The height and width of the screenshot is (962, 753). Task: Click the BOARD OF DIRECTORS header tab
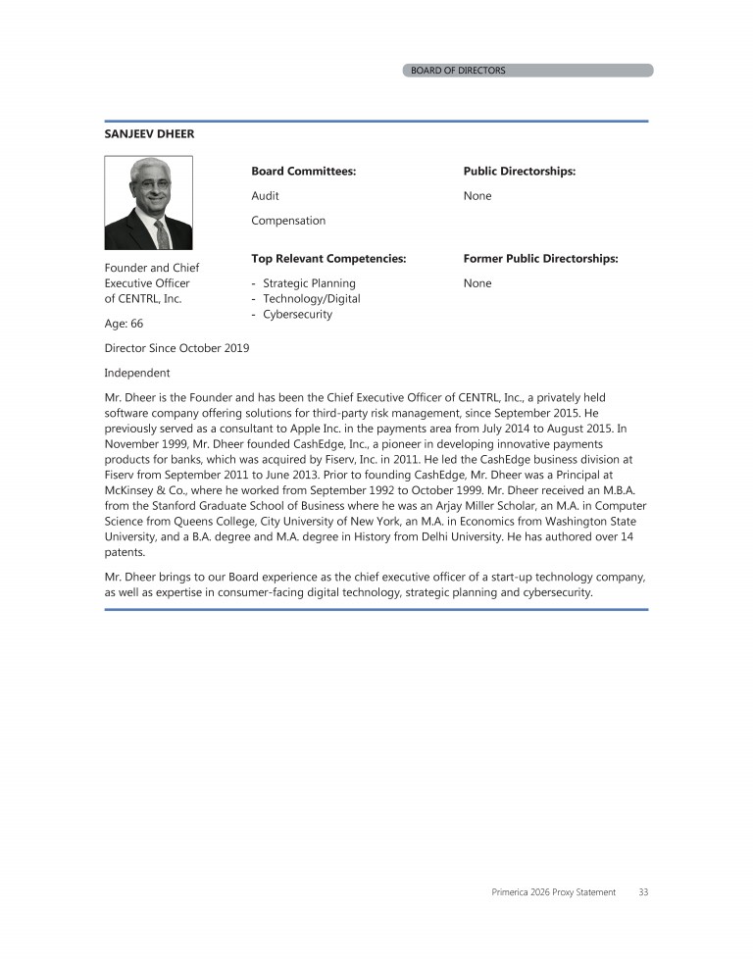coord(458,71)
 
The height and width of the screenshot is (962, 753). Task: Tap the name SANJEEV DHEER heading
coord(149,134)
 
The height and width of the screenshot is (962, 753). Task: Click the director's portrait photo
coord(148,203)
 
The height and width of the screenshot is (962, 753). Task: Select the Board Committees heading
coord(303,172)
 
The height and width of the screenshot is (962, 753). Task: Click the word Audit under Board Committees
coord(265,196)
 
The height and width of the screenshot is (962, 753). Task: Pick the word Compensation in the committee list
coord(288,221)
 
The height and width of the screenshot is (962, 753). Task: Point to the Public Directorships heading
coord(519,172)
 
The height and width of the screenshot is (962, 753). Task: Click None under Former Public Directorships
coord(477,283)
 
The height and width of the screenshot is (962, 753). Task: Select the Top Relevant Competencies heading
coord(328,259)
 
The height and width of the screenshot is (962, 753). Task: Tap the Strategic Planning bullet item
coord(309,283)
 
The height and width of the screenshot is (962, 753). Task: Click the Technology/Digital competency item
coord(311,299)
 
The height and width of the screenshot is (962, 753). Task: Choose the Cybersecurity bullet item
coord(297,315)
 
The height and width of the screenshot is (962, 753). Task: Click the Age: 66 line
coord(124,323)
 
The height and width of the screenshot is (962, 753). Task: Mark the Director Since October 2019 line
coord(176,348)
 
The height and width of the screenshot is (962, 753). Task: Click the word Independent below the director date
coord(136,373)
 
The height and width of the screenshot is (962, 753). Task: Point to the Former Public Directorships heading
coord(540,259)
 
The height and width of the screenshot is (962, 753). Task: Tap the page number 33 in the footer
coord(643,892)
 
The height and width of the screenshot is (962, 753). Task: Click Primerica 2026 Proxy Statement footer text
coord(553,892)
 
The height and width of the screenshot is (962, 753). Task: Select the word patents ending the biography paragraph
coord(125,552)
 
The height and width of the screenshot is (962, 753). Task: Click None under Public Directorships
coord(477,196)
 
